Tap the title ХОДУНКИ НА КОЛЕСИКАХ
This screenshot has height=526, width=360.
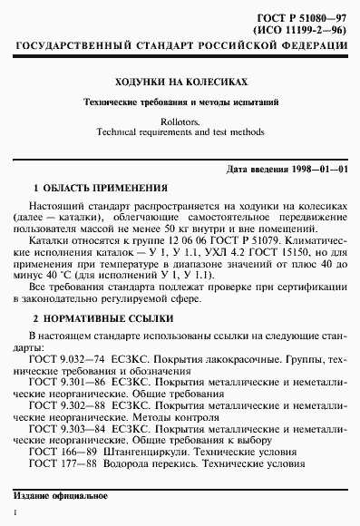click(x=180, y=81)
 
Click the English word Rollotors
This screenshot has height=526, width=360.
click(x=180, y=120)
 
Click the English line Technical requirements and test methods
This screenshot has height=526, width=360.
click(x=180, y=131)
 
